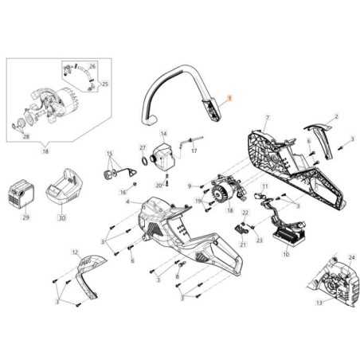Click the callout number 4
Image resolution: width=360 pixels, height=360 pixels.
pyautogui.click(x=127, y=202)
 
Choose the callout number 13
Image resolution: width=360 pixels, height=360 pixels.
pyautogui.click(x=320, y=303)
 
